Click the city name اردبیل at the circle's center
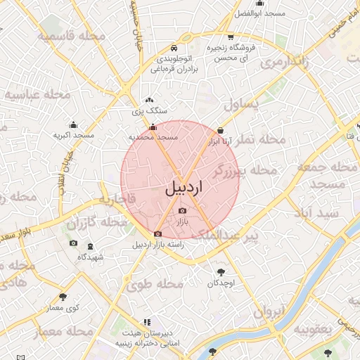(184, 188)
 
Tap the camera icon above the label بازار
(183, 210)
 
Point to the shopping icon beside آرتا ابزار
(221, 130)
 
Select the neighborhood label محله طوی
(154, 284)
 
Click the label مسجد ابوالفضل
(259, 14)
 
